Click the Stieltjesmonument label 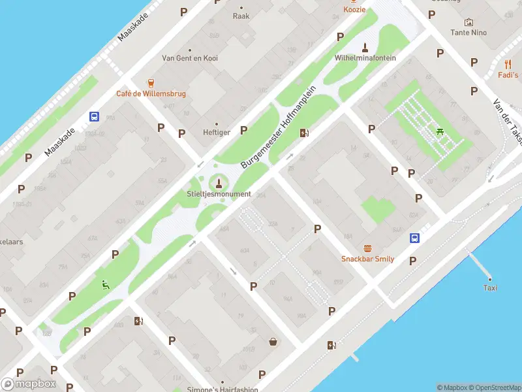pos(219,194)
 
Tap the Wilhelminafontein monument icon pos(365,47)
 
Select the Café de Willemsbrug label pos(151,93)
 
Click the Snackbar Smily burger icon pos(368,248)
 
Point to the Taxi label pos(490,287)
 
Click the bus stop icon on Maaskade pos(94,117)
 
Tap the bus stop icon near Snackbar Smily pos(414,238)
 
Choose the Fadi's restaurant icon pos(508,64)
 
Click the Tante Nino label pos(468,32)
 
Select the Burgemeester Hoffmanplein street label pos(279,127)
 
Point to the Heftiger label pos(217,132)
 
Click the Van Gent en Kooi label pos(190,58)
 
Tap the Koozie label pos(354,10)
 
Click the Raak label pos(241,16)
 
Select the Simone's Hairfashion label pos(223,389)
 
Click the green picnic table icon pos(441,131)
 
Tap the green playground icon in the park pos(104,284)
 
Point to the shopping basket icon pos(273,341)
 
